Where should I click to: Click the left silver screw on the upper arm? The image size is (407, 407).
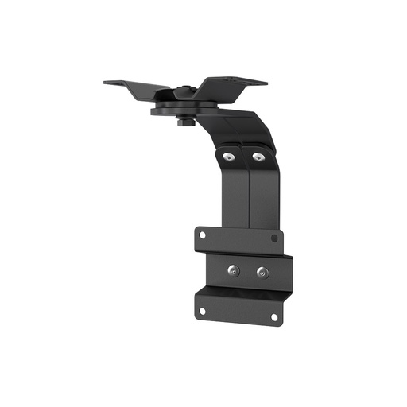click(229, 157)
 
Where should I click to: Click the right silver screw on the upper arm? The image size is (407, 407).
click(257, 157)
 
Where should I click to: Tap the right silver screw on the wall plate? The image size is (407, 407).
click(262, 273)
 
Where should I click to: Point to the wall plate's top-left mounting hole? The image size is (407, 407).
click(202, 235)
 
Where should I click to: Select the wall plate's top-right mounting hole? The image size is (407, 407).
click(274, 238)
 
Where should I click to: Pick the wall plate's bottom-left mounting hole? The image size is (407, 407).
click(202, 310)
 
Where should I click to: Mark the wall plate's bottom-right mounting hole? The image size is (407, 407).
click(273, 316)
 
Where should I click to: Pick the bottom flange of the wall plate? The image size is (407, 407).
click(238, 306)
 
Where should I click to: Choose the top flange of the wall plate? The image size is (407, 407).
click(238, 238)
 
